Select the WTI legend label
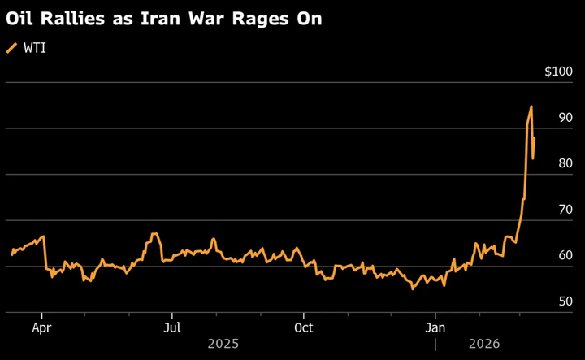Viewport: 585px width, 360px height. (x=35, y=49)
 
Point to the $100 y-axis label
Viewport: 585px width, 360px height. (x=558, y=72)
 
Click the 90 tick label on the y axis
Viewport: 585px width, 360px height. (x=565, y=118)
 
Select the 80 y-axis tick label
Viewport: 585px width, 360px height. (x=565, y=163)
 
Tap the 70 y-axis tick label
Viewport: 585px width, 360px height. (x=565, y=210)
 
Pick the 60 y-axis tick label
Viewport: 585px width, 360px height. (x=565, y=255)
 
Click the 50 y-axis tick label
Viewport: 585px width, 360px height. (x=565, y=301)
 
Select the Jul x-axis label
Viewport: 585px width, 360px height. (x=171, y=327)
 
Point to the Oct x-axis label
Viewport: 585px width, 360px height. (x=303, y=327)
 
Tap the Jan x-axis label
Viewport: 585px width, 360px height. (x=435, y=327)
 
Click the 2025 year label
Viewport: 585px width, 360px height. (x=223, y=344)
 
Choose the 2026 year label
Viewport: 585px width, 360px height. (x=485, y=344)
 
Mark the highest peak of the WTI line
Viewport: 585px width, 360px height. (x=531, y=106)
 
